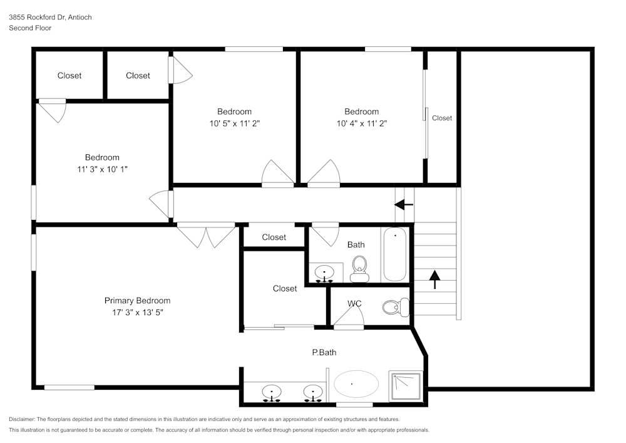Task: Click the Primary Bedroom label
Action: coord(137,301)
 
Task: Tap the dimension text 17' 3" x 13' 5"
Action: coord(137,312)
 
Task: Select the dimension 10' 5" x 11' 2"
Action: coord(235,123)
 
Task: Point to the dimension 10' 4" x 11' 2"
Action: coord(361,123)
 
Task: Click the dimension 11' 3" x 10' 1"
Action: coord(102,169)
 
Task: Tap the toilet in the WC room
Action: coord(394,308)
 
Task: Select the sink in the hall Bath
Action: coord(324,273)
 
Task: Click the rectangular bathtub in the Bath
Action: coord(395,255)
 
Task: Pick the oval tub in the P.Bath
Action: coord(356,383)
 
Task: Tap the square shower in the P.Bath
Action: coord(406,386)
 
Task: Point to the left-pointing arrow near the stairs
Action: coord(404,204)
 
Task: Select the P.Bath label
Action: coord(324,353)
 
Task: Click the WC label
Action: coord(354,304)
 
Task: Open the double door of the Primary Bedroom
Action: coord(206,234)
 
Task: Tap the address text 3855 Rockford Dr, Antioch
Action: coord(50,18)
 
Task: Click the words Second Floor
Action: coord(30,28)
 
